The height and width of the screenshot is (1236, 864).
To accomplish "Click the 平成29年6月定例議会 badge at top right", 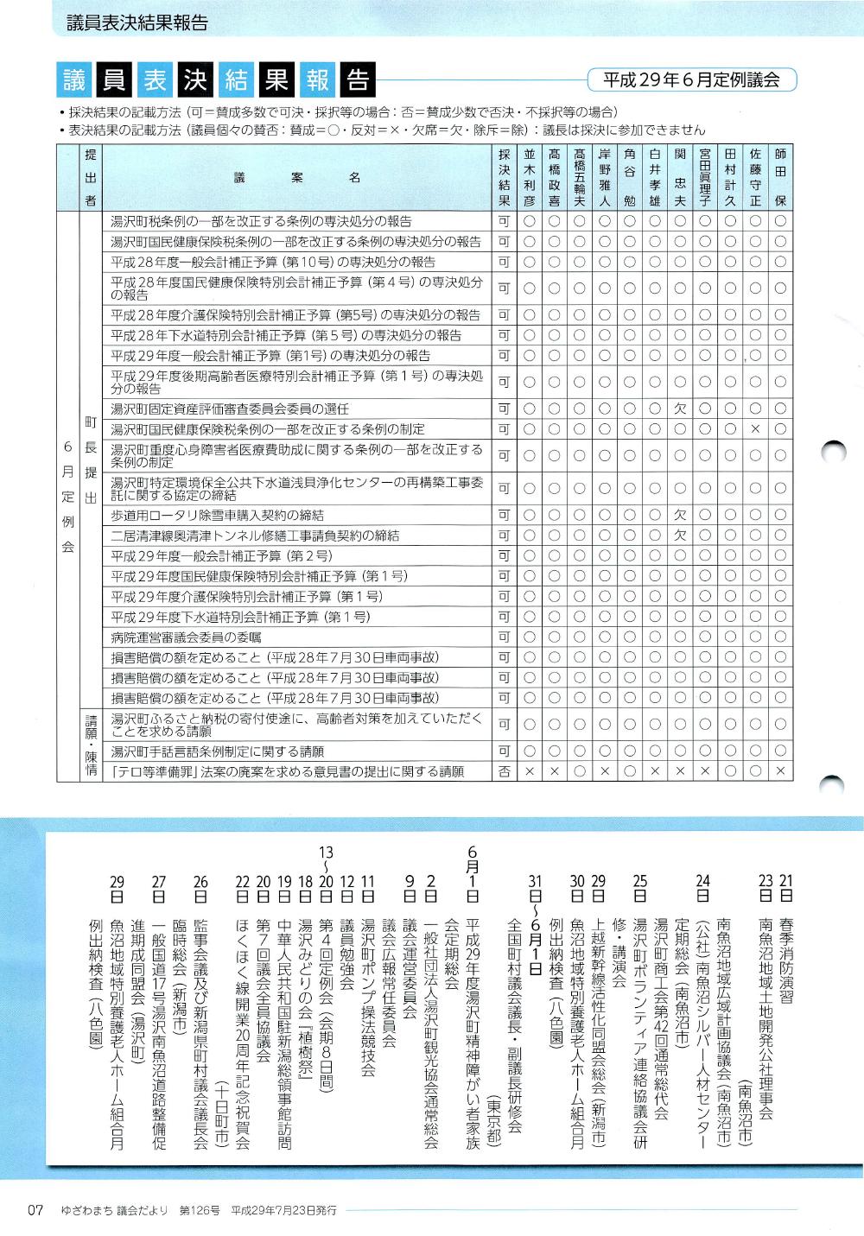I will (691, 80).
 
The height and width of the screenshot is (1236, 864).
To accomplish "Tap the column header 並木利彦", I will (530, 176).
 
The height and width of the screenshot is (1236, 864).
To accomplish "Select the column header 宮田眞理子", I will (705, 176).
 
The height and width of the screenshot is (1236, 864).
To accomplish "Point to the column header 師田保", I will (780, 176).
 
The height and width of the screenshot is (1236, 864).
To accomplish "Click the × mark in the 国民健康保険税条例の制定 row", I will (755, 429).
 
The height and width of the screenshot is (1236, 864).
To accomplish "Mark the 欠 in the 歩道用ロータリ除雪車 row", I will (680, 516).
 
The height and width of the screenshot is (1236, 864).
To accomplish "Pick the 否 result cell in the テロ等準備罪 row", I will (505, 771).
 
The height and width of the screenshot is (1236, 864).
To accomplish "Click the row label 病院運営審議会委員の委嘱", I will (186, 637).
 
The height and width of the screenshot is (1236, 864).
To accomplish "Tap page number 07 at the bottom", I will (35, 1210).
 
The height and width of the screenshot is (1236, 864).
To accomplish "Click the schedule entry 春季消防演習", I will (785, 937).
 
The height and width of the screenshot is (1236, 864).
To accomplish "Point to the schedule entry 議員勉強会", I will (347, 941).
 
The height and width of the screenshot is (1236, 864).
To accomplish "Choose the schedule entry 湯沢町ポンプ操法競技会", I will (368, 985).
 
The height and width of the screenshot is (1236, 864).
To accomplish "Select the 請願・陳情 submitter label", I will (91, 744).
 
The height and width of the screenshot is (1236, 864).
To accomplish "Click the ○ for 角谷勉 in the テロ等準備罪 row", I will (630, 771).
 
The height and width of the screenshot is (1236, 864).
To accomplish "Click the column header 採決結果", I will (505, 176).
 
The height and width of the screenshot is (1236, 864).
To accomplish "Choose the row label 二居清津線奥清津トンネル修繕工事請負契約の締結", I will (255, 536).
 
